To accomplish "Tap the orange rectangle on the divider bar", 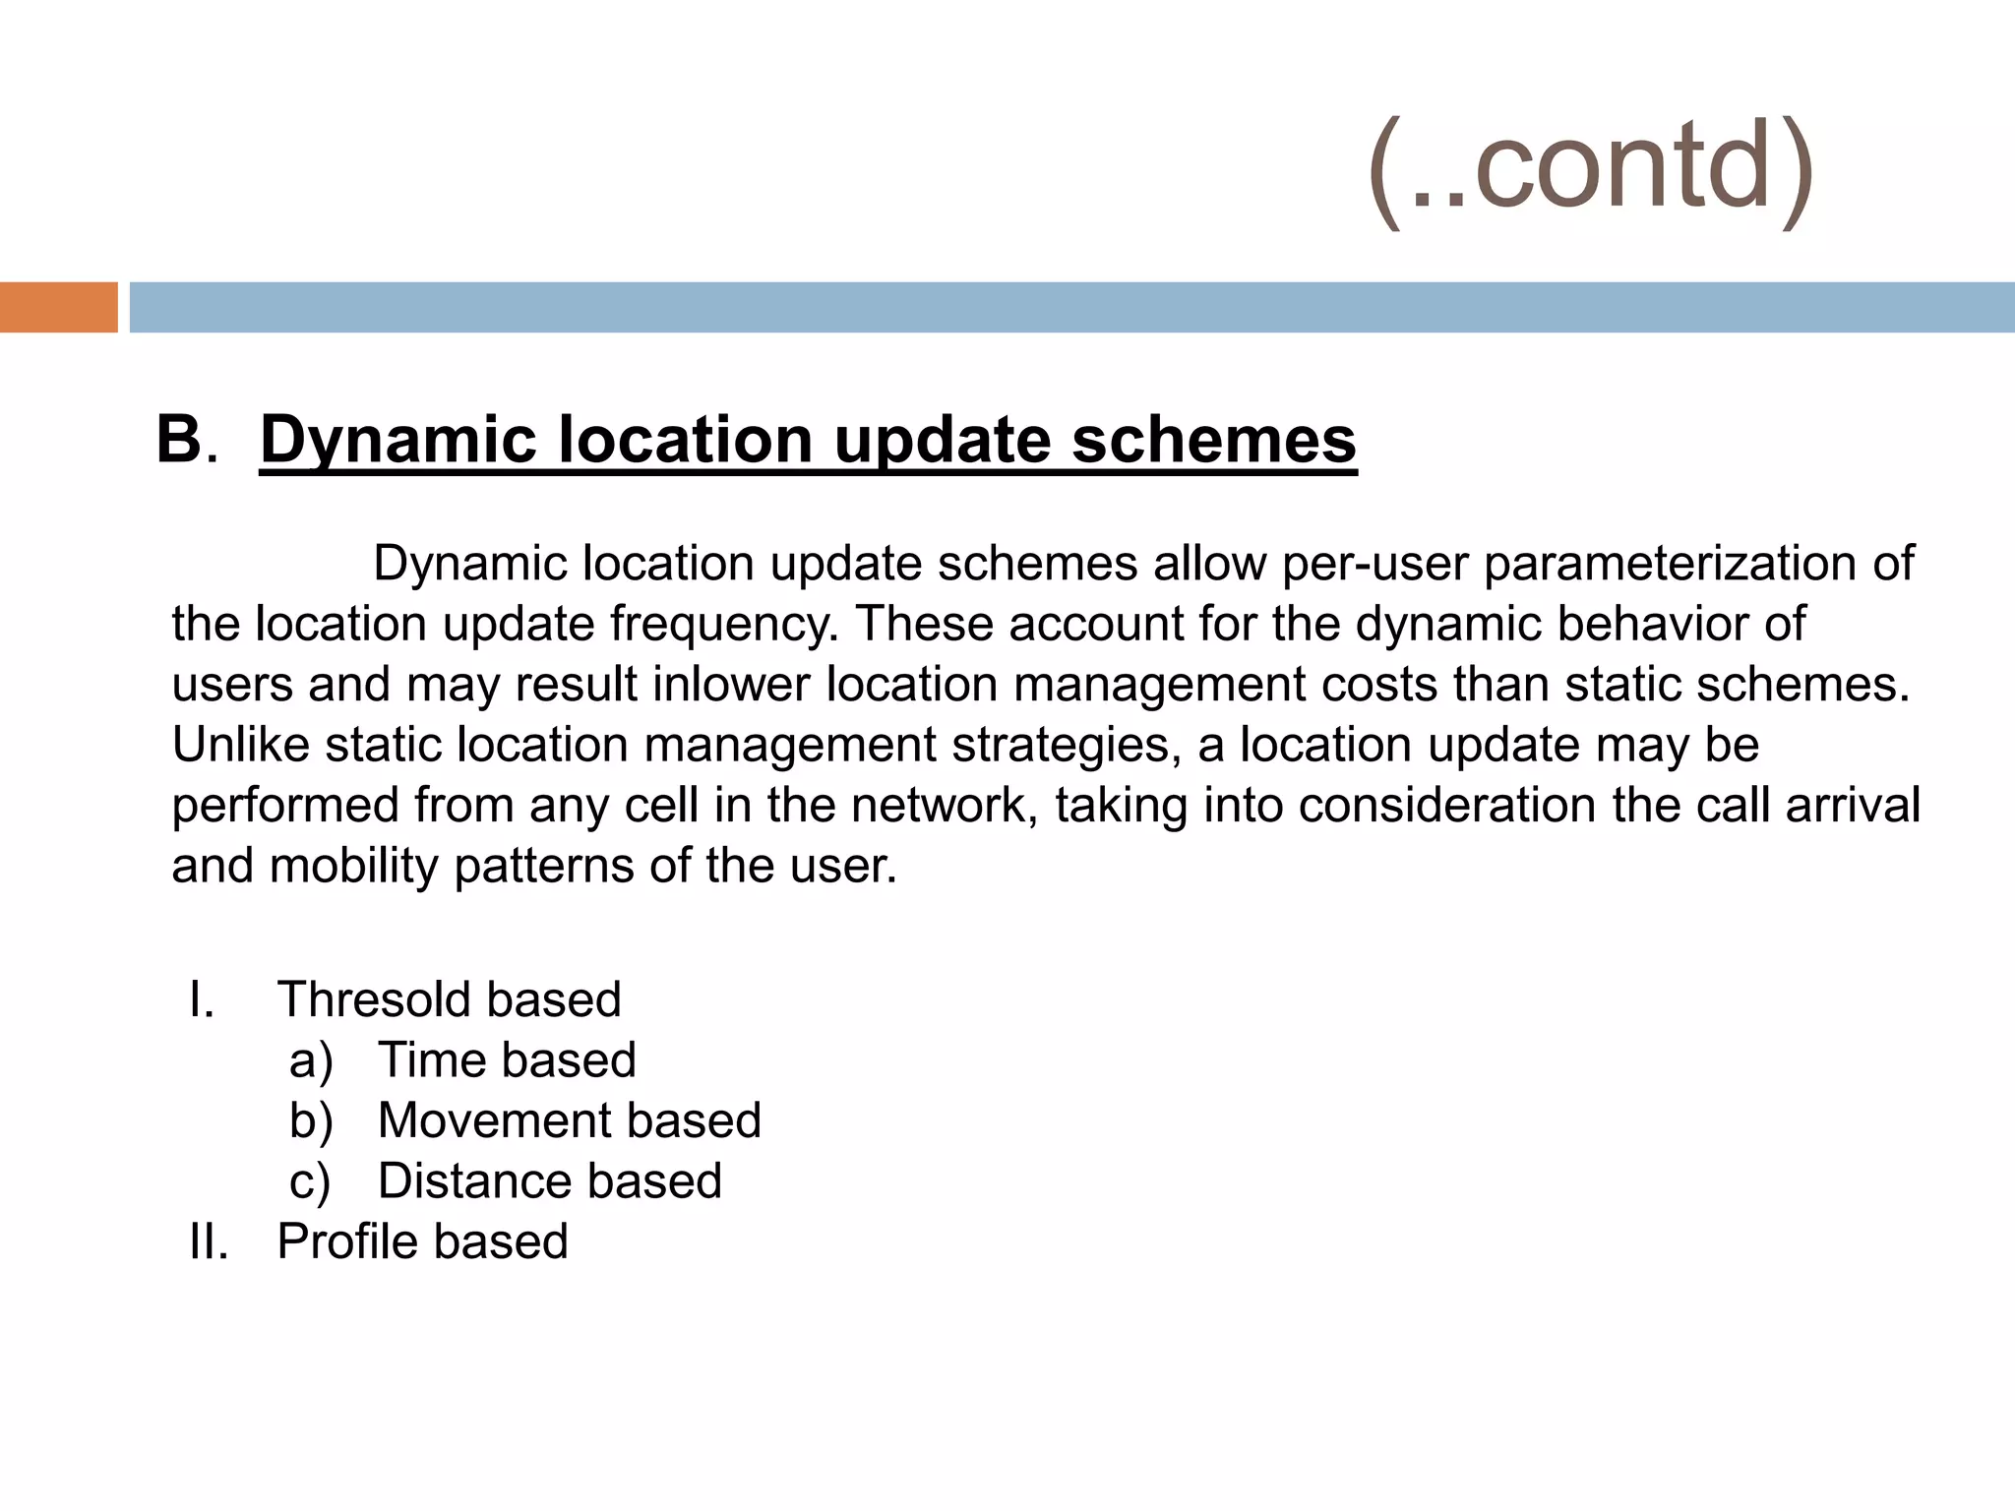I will coord(58,307).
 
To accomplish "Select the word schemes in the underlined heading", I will coord(1214,439).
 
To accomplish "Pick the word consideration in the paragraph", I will coord(1446,805).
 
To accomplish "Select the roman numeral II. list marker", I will coord(209,1241).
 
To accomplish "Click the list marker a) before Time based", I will coord(311,1061).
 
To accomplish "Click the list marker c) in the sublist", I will coord(310,1182).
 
